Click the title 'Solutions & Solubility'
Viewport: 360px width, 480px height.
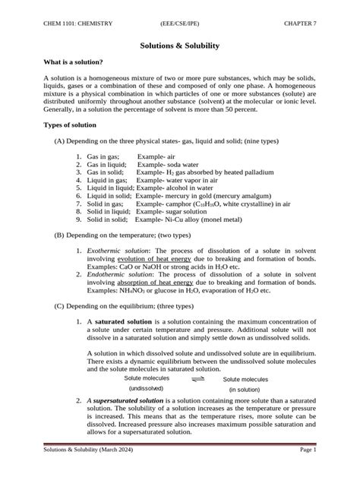pos(180,46)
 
